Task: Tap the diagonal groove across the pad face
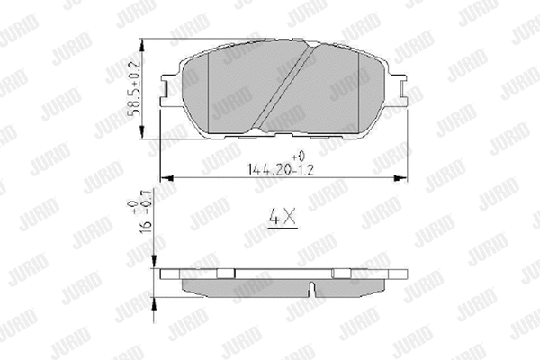(x=283, y=87)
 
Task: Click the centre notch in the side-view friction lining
(x=310, y=291)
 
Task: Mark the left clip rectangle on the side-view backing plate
(x=221, y=273)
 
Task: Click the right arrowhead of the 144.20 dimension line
(x=397, y=176)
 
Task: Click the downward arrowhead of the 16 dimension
(x=155, y=263)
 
